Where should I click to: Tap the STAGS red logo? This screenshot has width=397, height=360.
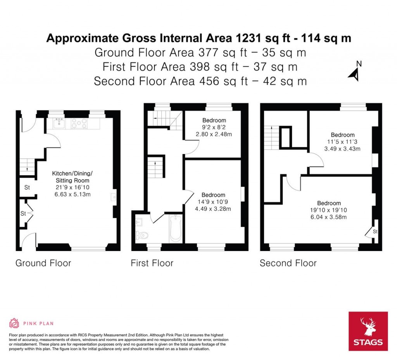tap(368, 331)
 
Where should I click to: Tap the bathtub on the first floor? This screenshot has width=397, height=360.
tap(176, 228)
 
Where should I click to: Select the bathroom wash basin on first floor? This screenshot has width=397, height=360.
tap(140, 222)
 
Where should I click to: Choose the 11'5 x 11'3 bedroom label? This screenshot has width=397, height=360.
tap(343, 142)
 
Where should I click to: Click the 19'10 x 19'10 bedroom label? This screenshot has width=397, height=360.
tap(329, 210)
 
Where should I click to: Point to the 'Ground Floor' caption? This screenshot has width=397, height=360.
tap(43, 263)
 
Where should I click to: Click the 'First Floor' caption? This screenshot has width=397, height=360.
tap(152, 263)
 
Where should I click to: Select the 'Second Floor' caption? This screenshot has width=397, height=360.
tap(288, 263)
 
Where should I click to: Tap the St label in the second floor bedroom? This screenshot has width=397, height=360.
tap(375, 232)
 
